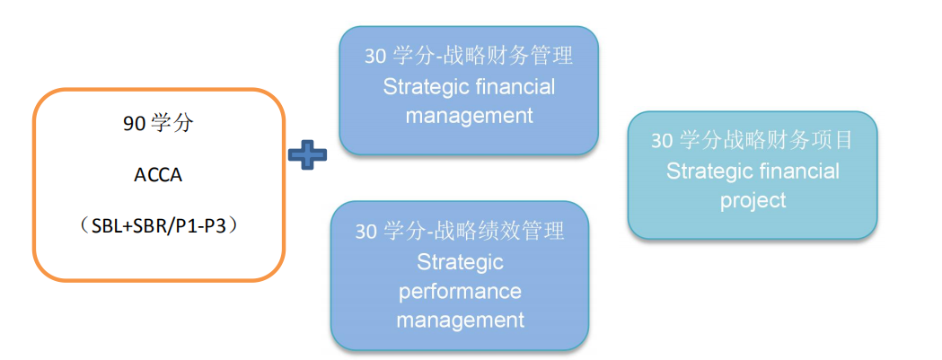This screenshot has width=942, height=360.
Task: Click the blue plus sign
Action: [x=307, y=154]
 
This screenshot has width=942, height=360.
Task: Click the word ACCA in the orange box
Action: [x=158, y=174]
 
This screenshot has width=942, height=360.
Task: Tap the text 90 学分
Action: [x=158, y=124]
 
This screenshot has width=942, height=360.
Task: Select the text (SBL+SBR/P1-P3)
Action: [x=158, y=226]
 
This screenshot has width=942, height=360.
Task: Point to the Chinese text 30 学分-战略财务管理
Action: [x=469, y=56]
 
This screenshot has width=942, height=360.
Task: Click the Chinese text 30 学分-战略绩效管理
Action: [x=460, y=231]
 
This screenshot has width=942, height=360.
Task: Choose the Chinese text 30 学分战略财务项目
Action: [x=752, y=140]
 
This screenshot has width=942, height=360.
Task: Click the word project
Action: [x=753, y=199]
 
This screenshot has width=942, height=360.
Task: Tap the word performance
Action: [x=460, y=291]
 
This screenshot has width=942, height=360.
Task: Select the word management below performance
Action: [x=460, y=320]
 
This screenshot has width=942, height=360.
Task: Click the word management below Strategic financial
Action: [x=469, y=116]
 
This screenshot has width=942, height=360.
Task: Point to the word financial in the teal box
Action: [x=797, y=171]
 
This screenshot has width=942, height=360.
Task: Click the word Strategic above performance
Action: [x=460, y=261]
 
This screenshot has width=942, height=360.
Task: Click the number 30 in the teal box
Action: [x=662, y=141]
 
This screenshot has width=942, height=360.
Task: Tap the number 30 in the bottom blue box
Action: [x=366, y=232]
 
